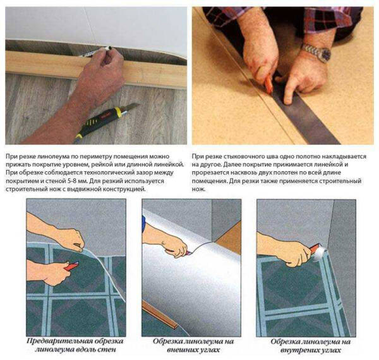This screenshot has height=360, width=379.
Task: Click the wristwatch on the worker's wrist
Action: [317, 52]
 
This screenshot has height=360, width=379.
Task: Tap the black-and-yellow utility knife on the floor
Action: [106, 121]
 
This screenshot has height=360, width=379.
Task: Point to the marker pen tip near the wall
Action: [110, 47]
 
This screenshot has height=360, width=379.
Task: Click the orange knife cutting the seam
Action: [268, 83]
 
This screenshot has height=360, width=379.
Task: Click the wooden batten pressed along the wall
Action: [96, 69]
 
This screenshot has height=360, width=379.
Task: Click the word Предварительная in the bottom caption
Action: [60, 341]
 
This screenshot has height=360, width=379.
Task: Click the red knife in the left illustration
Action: [71, 266]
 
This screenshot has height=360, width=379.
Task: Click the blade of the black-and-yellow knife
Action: [132, 107]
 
